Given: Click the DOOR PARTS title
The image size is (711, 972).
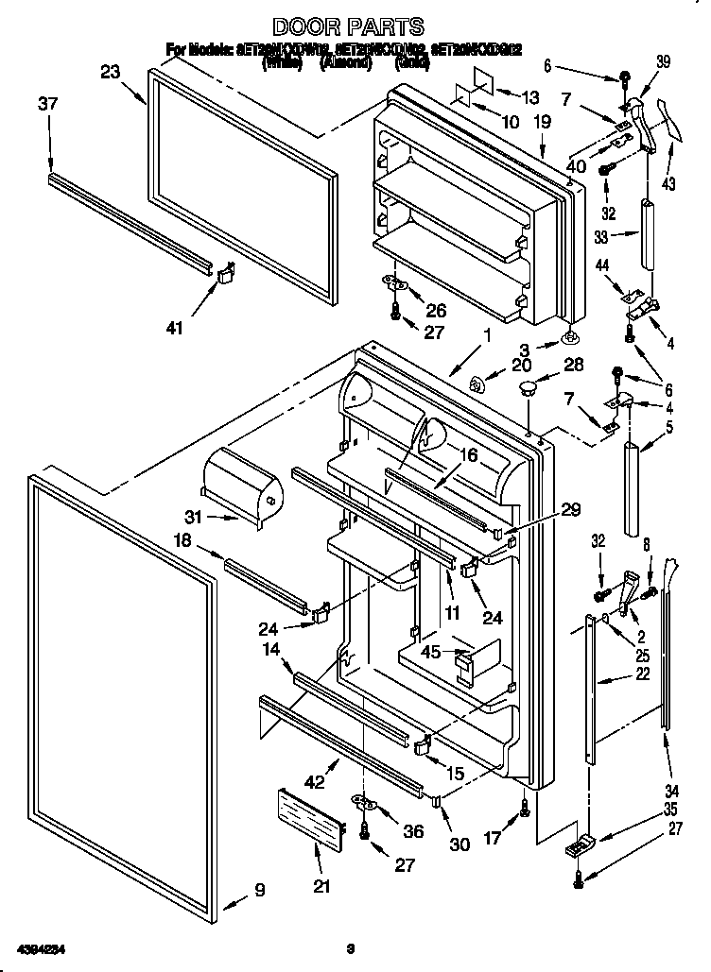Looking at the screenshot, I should coord(347,27).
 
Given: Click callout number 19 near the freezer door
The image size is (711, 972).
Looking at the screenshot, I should coord(543,121).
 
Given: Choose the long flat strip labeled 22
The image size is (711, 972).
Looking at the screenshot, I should coord(591,690).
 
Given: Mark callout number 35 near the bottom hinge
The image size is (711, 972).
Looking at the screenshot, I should coord(670,809).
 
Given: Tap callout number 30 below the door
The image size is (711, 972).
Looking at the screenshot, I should coord(460,844).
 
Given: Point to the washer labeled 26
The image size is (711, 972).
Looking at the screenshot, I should coord(397,281).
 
